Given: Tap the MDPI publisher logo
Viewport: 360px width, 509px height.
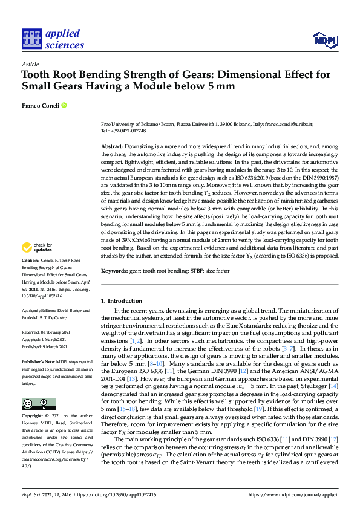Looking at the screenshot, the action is point(324,40).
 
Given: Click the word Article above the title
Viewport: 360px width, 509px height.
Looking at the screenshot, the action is point(30,65).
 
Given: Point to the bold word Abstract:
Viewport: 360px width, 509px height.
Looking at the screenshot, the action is point(111,147).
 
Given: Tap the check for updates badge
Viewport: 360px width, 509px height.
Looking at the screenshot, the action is point(36,247).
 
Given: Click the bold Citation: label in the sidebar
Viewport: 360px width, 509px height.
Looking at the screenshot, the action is point(30,260).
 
